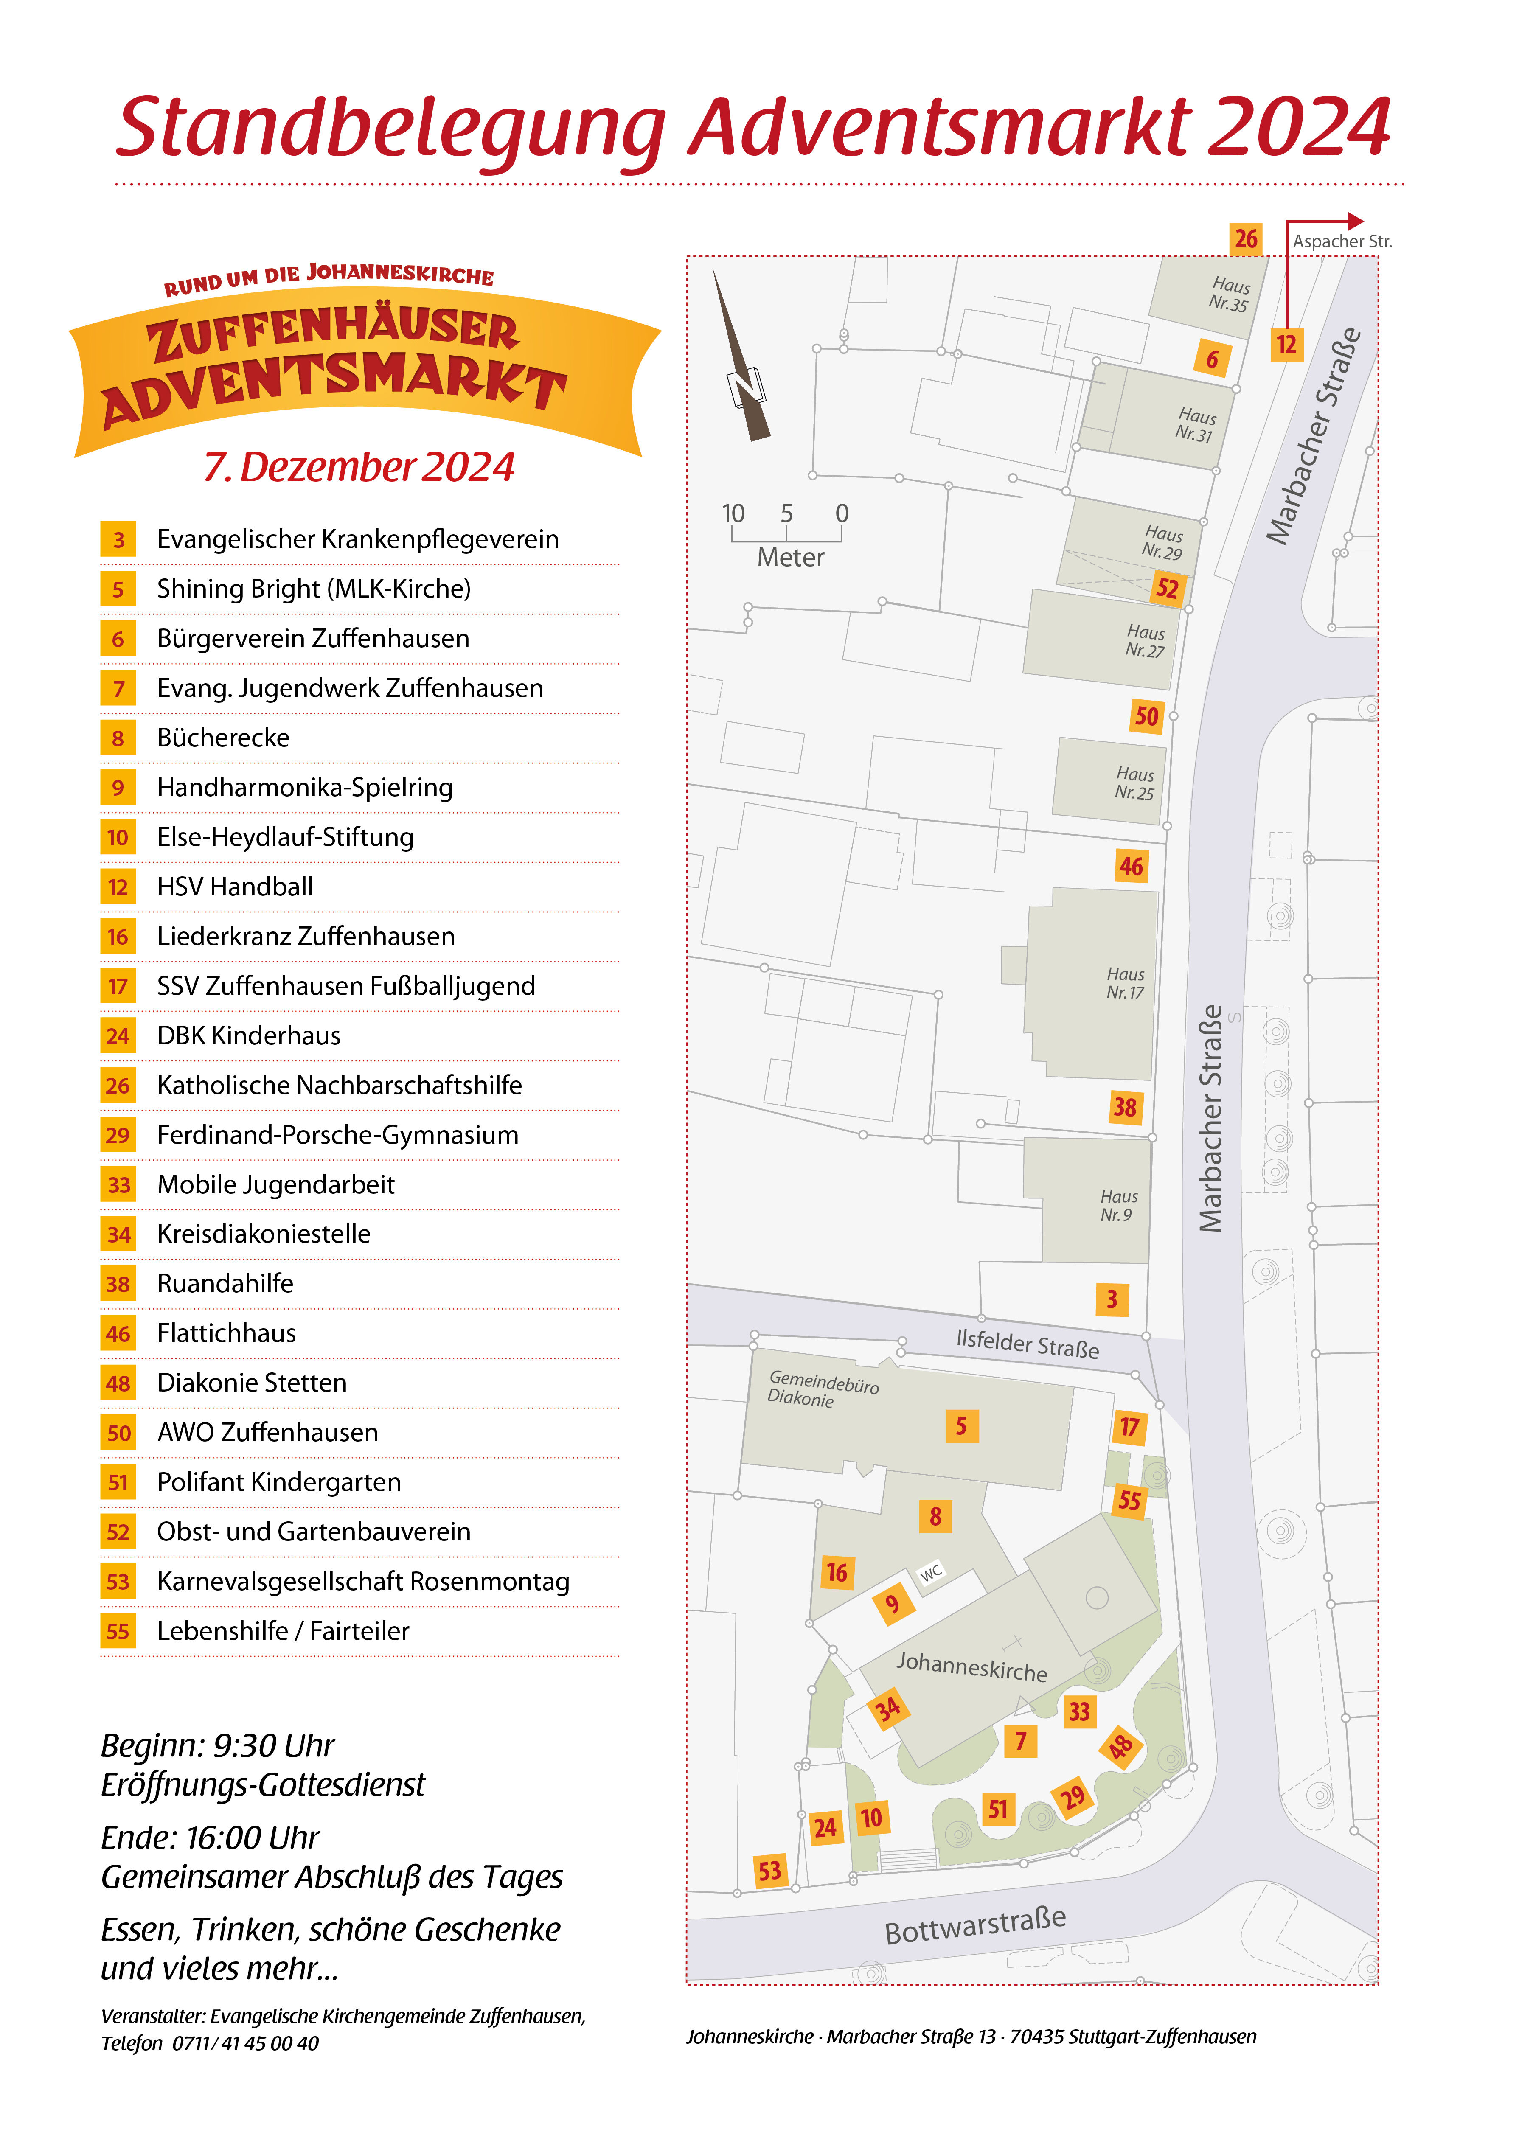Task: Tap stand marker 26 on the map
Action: (1245, 239)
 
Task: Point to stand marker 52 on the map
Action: (1166, 588)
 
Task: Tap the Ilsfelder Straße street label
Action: (1027, 1343)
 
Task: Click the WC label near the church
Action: (931, 1573)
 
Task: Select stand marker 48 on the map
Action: (1120, 1746)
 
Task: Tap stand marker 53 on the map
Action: (769, 1870)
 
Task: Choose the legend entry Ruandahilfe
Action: (225, 1283)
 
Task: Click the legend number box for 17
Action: (118, 986)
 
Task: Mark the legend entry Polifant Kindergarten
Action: (279, 1481)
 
